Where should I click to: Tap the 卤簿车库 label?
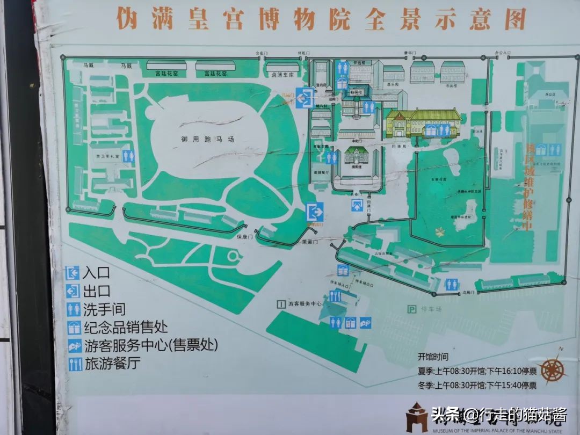click(284, 75)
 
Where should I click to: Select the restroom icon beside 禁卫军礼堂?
click(128, 156)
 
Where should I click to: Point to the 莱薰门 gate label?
click(310, 242)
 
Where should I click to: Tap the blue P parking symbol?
click(412, 309)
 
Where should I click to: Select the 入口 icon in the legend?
click(73, 273)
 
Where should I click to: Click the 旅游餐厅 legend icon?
click(74, 364)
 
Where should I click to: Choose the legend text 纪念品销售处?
click(125, 327)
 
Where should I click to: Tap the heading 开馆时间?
click(433, 357)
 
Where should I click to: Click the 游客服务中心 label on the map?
click(305, 304)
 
